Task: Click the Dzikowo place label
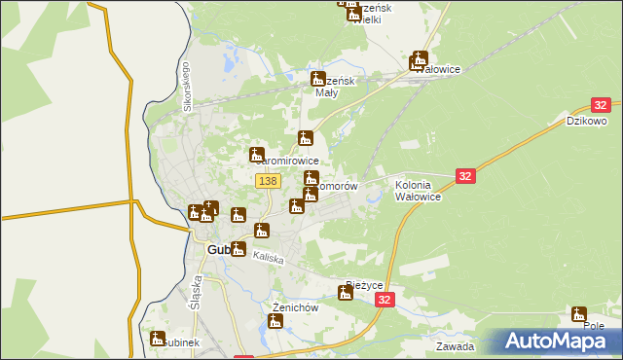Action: [x=587, y=122]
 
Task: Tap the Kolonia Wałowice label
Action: [x=418, y=190]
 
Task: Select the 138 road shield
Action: [x=269, y=181]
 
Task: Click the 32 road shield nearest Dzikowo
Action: [x=601, y=105]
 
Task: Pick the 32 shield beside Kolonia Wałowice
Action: [x=465, y=176]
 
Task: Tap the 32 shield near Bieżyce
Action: [x=386, y=302]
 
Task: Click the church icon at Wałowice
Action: [x=419, y=60]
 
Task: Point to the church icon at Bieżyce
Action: [x=346, y=293]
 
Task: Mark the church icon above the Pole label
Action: [x=580, y=314]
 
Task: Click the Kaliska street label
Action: [x=268, y=258]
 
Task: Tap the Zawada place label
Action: [x=456, y=346]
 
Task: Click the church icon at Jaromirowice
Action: [x=257, y=155]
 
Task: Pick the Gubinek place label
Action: [x=180, y=343]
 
